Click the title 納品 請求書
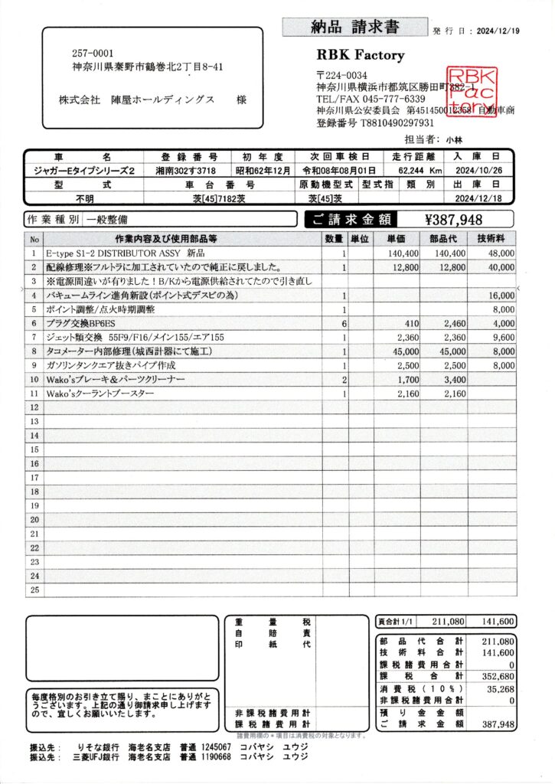point(355,28)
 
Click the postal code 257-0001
point(93,54)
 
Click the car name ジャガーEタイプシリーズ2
point(80,171)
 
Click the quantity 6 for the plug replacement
point(344,324)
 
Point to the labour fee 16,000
point(502,296)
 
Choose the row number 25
point(34,590)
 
